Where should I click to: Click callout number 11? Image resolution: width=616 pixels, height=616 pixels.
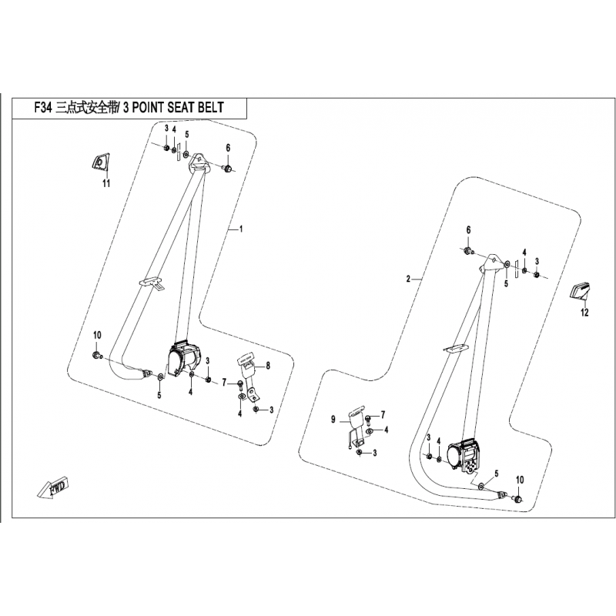point(106,183)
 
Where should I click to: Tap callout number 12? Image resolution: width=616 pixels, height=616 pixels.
point(584,313)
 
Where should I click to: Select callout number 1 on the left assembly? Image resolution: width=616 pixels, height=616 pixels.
point(241,228)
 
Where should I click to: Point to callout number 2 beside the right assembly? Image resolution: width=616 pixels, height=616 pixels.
point(408,279)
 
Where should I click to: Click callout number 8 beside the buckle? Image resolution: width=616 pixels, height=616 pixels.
point(268,365)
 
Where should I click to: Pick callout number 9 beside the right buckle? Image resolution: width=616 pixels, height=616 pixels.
point(333,420)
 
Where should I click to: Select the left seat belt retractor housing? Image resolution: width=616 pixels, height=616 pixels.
point(184,357)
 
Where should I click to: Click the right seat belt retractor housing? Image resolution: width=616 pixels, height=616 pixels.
point(465,455)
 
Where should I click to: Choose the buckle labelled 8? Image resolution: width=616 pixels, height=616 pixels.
point(246,378)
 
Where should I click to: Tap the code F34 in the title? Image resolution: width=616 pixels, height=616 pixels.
point(43,108)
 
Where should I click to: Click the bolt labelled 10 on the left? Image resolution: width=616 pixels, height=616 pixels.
point(97,356)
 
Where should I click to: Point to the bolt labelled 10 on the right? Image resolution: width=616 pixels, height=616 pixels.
point(516,499)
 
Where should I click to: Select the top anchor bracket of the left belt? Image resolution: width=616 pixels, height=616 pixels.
point(197,162)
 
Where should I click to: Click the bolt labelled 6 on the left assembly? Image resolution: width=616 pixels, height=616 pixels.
point(228,168)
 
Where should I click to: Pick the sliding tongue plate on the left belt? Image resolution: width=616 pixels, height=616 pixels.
point(151,283)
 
